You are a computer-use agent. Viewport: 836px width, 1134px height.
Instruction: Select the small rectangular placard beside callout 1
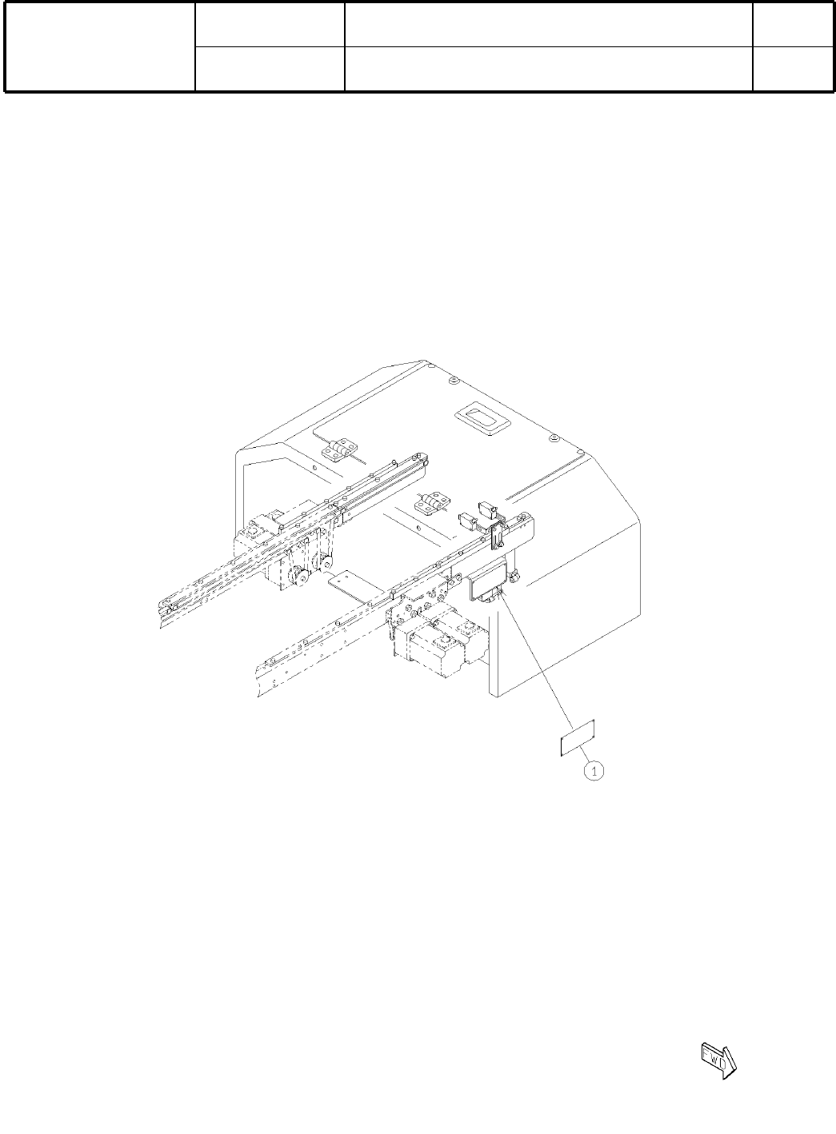tap(577, 737)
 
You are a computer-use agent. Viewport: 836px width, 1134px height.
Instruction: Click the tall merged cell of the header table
tap(100, 46)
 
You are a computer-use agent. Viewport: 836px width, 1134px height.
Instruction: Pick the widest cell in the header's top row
tap(548, 23)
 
